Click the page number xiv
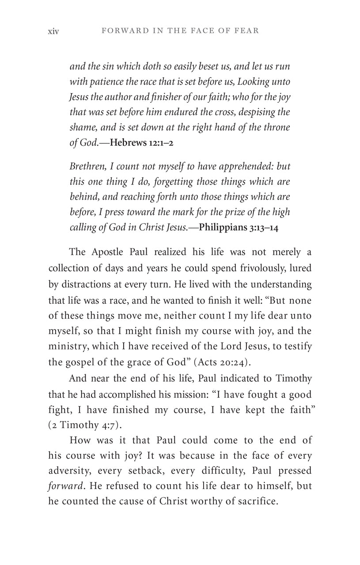(x=53, y=31)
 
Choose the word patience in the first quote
(x=108, y=82)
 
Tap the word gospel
(x=80, y=362)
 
